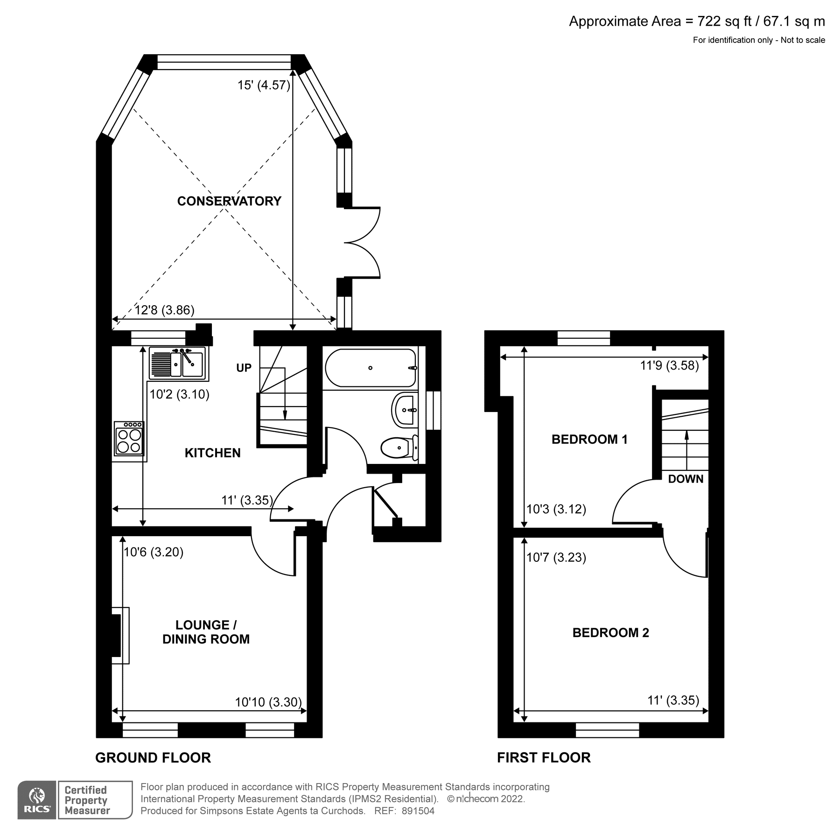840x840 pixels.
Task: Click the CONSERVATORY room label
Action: [229, 201]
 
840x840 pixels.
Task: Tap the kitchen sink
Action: [179, 364]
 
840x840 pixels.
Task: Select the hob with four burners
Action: [129, 439]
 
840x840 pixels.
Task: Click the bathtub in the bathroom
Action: [370, 368]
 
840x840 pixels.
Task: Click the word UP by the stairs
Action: [244, 368]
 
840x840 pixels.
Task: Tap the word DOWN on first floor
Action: [686, 479]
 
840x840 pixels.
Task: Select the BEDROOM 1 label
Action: [589, 439]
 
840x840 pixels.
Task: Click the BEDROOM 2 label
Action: [610, 633]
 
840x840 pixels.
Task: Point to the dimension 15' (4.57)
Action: [264, 85]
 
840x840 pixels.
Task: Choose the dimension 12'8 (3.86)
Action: [164, 310]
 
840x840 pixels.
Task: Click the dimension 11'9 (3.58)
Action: [669, 365]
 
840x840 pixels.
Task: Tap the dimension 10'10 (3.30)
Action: [268, 702]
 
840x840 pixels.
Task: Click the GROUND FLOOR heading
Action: [153, 758]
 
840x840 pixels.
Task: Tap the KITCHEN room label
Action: [212, 453]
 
